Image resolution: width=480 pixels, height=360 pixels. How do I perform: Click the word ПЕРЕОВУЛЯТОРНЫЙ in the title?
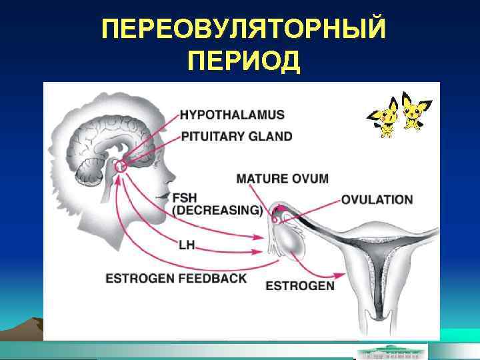[x=244, y=30]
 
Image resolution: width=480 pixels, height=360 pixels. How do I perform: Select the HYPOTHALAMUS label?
[x=232, y=115]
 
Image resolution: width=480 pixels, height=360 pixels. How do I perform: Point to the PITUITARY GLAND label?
[x=237, y=137]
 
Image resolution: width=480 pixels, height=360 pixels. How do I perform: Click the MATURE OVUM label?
[x=283, y=178]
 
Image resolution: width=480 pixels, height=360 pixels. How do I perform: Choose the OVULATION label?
[x=377, y=199]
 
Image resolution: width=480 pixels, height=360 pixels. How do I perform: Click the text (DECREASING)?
[x=217, y=210]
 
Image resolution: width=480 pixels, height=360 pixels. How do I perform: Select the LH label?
[x=187, y=245]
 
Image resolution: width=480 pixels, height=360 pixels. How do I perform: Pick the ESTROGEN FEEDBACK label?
[x=177, y=277]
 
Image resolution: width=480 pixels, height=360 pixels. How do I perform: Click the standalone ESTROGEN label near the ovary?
[x=300, y=286]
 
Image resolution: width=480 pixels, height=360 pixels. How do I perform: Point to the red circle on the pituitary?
[x=121, y=165]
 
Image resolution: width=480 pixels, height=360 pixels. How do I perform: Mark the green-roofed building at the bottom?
[x=393, y=351]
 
